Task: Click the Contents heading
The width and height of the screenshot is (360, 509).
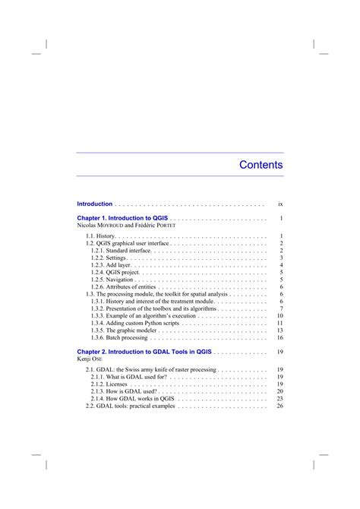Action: [x=261, y=165]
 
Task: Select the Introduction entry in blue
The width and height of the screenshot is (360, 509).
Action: [x=95, y=204]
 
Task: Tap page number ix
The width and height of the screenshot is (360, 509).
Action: [x=280, y=204]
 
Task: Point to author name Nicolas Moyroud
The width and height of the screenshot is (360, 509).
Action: [x=100, y=226]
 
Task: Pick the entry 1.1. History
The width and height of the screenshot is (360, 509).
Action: [x=101, y=237]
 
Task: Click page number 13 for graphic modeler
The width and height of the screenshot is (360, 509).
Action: [x=279, y=330]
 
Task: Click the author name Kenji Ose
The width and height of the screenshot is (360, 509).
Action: [x=88, y=359]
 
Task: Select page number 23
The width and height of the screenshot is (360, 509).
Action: [x=279, y=399]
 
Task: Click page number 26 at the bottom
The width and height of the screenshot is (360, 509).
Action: [x=279, y=406]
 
